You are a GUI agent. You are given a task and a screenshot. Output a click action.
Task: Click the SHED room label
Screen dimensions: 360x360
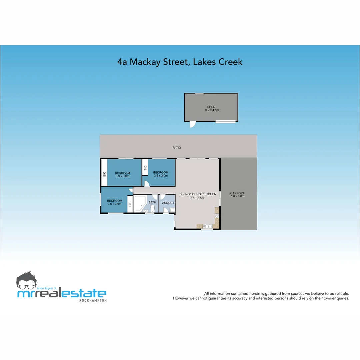(211, 107)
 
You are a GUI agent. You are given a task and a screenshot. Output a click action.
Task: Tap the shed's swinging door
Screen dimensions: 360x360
(192, 124)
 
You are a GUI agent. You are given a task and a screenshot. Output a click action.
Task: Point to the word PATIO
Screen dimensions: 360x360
(177, 147)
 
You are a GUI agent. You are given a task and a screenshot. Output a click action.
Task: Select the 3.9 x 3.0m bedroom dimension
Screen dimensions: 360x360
(122, 176)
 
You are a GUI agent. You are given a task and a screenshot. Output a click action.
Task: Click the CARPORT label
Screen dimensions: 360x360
(237, 193)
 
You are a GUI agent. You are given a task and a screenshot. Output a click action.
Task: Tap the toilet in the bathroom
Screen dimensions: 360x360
(152, 208)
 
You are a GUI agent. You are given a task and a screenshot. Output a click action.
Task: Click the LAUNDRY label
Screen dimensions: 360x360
(167, 203)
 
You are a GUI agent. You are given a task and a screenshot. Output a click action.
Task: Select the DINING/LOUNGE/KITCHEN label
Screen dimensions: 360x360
(198, 194)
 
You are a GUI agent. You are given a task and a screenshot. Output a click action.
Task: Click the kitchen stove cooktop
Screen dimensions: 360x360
(217, 215)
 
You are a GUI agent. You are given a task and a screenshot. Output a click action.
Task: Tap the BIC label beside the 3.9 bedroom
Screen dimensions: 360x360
(104, 174)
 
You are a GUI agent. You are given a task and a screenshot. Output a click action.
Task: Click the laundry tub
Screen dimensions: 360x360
(172, 210)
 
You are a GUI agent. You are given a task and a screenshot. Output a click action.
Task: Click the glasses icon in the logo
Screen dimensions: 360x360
(29, 286)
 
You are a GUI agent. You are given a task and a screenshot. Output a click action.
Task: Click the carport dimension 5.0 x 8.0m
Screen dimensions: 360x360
(237, 196)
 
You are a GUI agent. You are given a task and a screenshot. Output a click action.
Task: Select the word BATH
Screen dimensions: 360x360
(152, 202)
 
